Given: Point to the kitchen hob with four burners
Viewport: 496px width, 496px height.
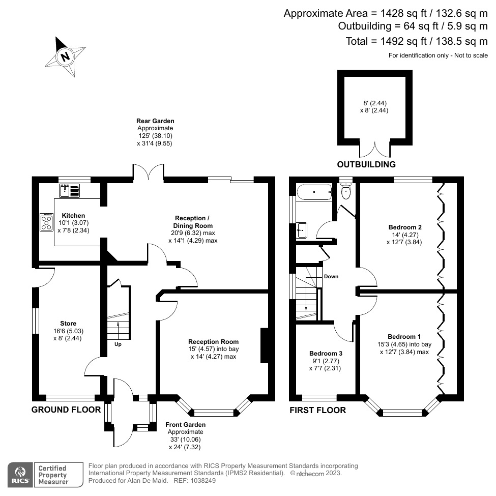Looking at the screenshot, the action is (47, 222).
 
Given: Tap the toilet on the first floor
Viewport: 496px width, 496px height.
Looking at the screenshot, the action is (346, 191).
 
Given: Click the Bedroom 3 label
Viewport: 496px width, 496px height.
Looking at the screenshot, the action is (326, 353).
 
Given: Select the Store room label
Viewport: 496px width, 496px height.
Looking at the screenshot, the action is (68, 324).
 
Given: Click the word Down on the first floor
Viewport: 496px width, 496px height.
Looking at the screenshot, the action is (331, 277).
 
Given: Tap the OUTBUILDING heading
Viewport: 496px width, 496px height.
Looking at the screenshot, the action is (366, 164).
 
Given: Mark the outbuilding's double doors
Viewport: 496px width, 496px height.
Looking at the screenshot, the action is (374, 149).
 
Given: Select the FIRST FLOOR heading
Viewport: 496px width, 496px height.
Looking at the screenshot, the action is (317, 410).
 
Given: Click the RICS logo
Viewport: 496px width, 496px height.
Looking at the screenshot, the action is (20, 474).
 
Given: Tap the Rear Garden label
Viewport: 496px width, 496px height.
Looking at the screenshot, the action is (155, 121).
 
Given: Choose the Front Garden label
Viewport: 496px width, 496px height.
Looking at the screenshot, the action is (185, 425).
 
